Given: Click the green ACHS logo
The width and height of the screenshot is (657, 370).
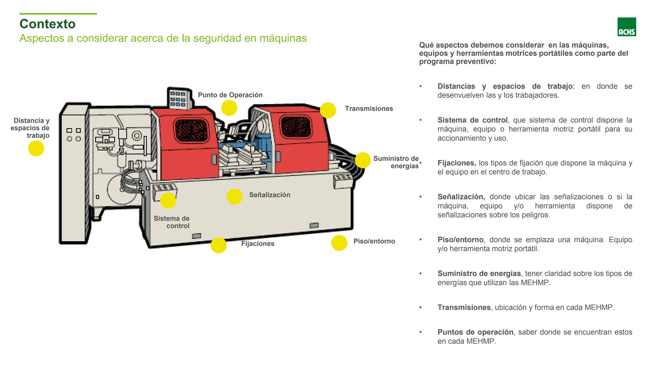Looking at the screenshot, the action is point(626,27).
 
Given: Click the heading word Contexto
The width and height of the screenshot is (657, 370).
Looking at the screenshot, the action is point(47,24).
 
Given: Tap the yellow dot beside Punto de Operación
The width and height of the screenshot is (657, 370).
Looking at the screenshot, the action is point(229,108).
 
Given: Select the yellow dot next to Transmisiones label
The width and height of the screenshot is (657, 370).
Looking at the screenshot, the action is point(328,110).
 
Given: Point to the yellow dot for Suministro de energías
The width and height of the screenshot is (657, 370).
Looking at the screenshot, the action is point(363,160).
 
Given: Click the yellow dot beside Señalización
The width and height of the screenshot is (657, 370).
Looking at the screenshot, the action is point(235,197).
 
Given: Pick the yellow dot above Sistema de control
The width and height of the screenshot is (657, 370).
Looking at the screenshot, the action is point(168,201).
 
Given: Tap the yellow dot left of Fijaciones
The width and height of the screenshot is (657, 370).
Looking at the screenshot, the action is point(218,245).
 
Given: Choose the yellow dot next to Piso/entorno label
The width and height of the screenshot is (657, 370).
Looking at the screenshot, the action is point(339,243).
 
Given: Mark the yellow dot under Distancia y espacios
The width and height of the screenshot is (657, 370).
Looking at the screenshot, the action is point(36,149).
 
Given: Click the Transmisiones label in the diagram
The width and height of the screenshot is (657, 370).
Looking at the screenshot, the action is point(369,109).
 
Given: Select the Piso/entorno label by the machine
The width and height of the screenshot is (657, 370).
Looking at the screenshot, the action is point(374,241).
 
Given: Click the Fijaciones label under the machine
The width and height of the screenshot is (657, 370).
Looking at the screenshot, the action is point(258,243).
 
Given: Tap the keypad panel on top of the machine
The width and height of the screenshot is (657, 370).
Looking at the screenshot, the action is point(178,98).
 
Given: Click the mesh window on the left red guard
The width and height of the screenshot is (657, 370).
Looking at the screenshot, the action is point(191,130).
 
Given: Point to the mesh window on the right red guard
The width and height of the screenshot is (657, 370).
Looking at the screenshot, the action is point(295,126).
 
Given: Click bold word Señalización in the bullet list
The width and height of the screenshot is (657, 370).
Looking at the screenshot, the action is point(461,197).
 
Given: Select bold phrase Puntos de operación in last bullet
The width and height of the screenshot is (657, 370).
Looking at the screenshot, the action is point(475,332).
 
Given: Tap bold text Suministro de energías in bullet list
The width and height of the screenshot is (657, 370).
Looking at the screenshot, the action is point(479,273).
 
